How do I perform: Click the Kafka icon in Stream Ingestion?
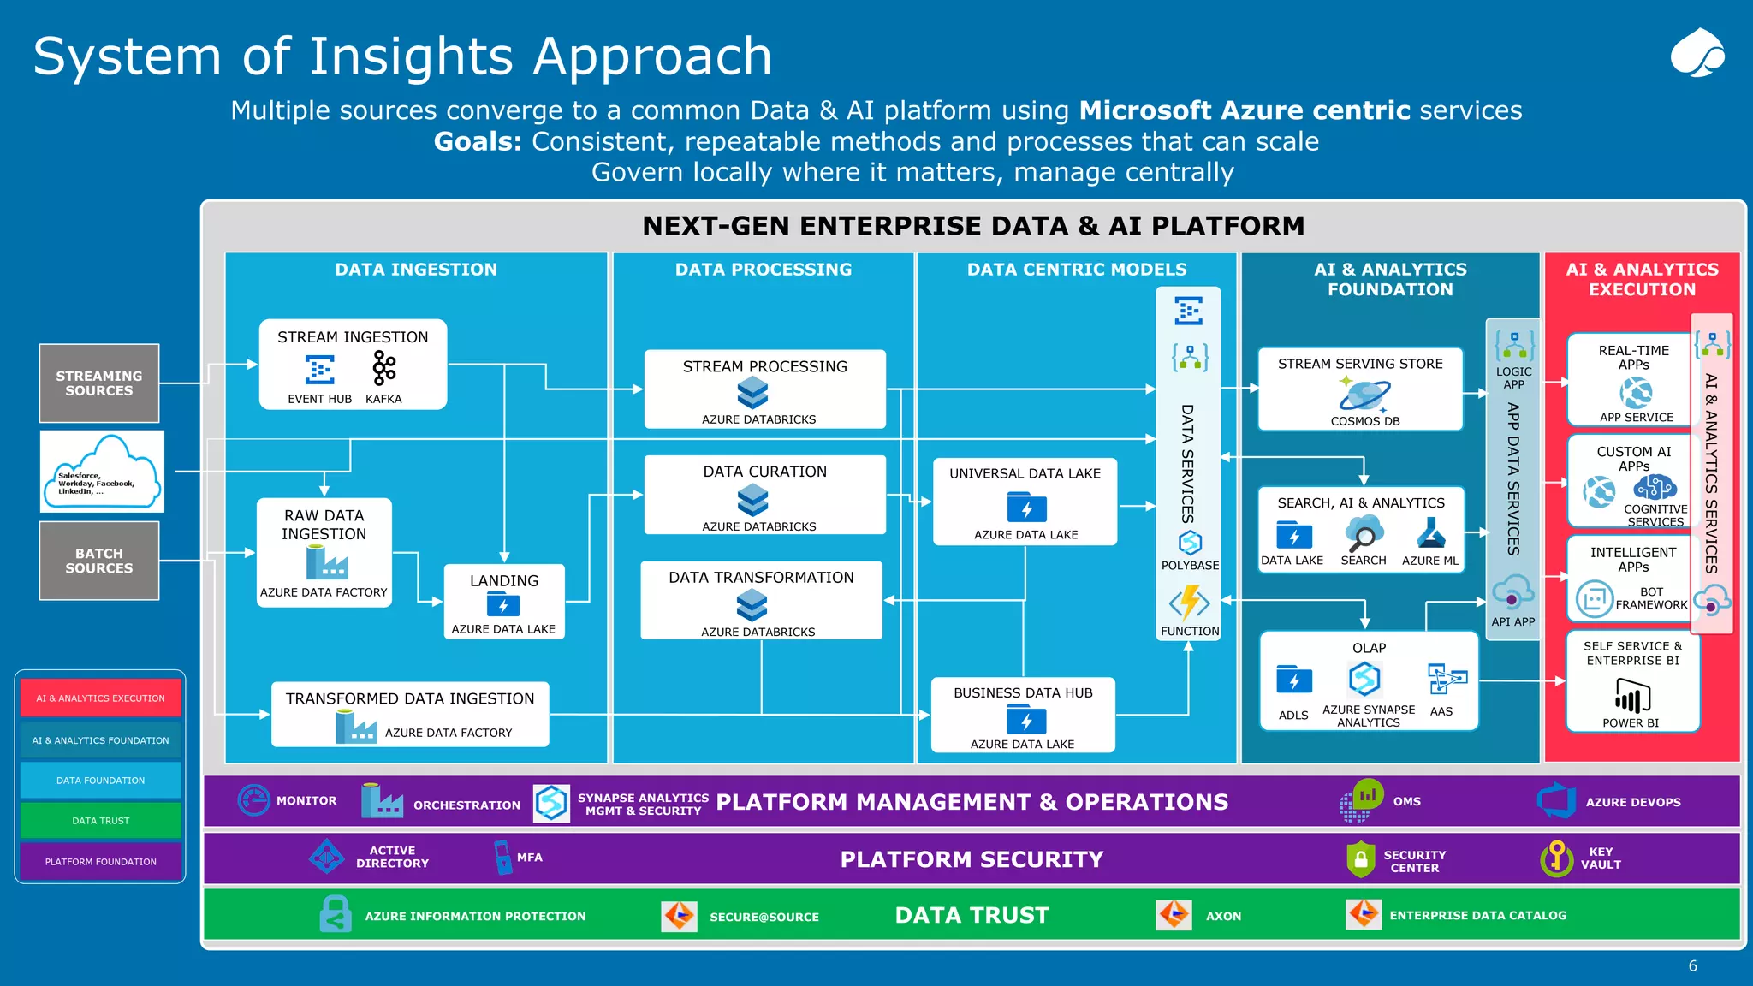(x=383, y=369)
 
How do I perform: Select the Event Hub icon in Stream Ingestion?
(x=319, y=370)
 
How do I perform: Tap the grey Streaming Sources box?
(x=99, y=383)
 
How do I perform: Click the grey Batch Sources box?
(x=99, y=561)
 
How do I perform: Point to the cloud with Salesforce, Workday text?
(x=102, y=472)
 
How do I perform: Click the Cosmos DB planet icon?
(x=1364, y=395)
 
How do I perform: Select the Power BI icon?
(x=1631, y=696)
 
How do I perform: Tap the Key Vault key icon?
(x=1556, y=858)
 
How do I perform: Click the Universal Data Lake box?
(x=1025, y=502)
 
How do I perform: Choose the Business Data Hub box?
(x=1023, y=716)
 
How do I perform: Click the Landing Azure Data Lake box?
(x=503, y=602)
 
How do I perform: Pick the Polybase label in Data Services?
(x=1190, y=565)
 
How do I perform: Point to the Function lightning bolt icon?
(x=1190, y=603)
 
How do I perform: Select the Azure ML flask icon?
(x=1430, y=534)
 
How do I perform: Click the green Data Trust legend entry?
(x=101, y=820)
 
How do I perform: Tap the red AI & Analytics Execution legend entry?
(x=101, y=698)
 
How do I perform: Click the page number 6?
(x=1692, y=965)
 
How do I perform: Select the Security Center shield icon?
(x=1360, y=859)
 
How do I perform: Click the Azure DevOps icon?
(x=1556, y=801)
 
